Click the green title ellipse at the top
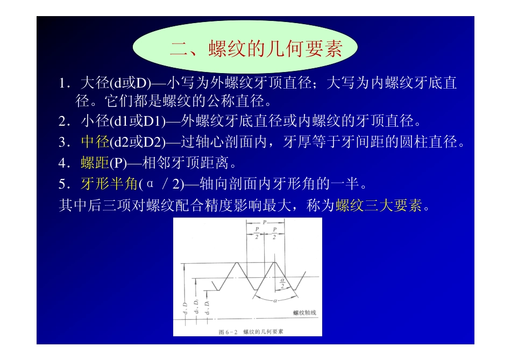244,48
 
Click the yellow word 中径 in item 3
95,142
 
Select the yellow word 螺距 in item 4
95,163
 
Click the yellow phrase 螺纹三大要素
378,205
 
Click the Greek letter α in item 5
150,184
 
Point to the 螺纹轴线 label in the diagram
304,313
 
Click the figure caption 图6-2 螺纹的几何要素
251,331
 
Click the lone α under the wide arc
275,300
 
